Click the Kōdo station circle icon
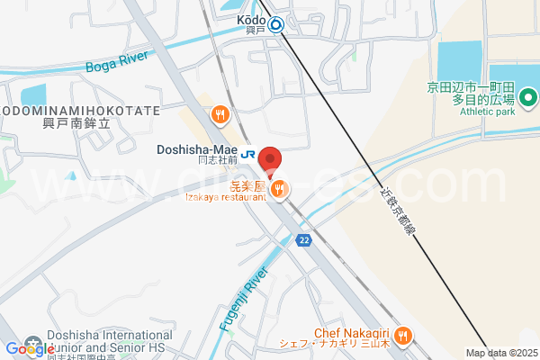[275, 25]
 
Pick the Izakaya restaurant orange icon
[281, 188]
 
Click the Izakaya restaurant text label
[226, 197]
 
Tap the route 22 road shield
[304, 239]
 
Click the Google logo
[30, 349]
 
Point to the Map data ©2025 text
[501, 353]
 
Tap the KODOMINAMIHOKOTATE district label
[81, 111]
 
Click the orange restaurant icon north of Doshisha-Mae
[220, 114]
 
